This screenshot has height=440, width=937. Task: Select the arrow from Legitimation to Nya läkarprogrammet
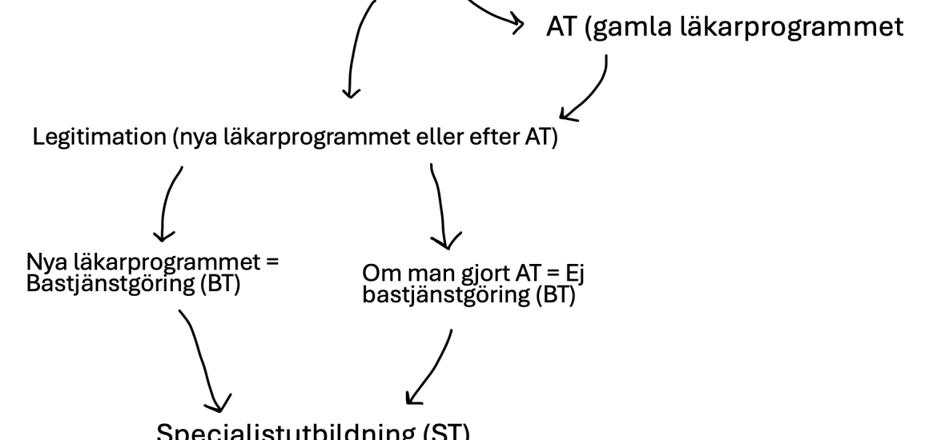point(167,204)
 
